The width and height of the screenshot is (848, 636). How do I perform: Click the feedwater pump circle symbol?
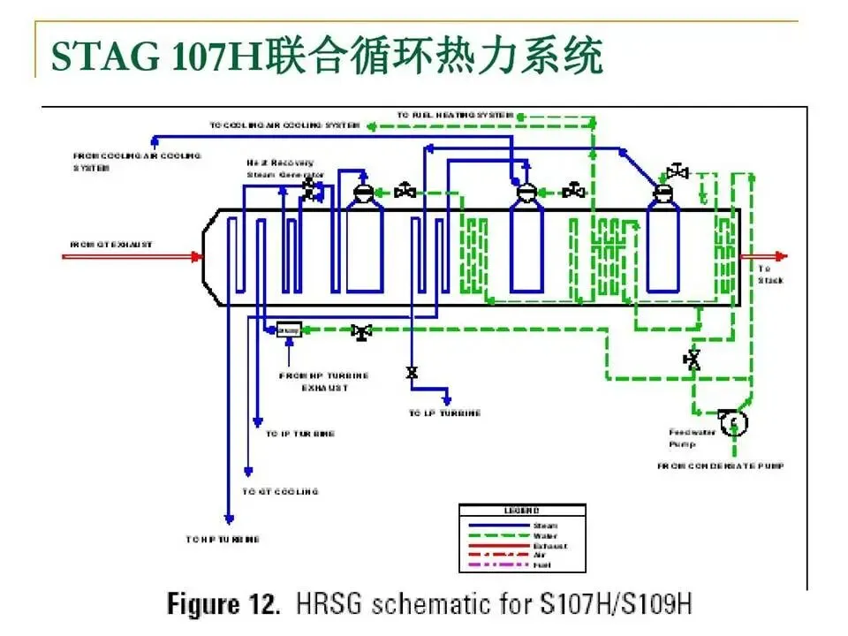coord(732,423)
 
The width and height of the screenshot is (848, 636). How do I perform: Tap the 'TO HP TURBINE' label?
coord(223,539)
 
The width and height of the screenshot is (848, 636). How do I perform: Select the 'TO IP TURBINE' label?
coord(300,435)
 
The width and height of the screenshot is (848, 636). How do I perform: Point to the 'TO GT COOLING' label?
coord(280,491)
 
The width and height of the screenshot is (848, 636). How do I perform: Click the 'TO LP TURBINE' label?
coord(444,413)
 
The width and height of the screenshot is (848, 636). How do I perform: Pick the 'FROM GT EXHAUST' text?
coord(111,244)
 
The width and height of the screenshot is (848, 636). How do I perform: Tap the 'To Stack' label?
coord(770,274)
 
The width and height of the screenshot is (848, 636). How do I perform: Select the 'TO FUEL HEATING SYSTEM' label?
coord(455,116)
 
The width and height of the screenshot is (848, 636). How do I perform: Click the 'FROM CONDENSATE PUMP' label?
coord(720,466)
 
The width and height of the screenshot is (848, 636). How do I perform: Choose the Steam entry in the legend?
coord(544,526)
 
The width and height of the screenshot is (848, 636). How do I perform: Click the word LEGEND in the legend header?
coord(521,511)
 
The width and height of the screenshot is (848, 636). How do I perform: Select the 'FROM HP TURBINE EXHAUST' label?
coord(323,382)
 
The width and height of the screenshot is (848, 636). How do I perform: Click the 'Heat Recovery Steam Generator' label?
coord(284,169)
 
